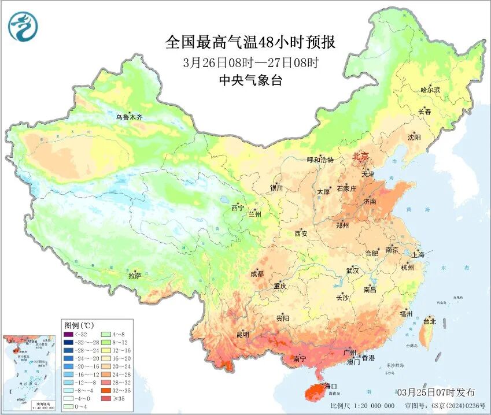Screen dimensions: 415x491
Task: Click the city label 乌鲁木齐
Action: pyautogui.click(x=128, y=117)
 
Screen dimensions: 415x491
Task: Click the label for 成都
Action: pyautogui.click(x=257, y=274)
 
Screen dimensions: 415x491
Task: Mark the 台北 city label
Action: pyautogui.click(x=430, y=321)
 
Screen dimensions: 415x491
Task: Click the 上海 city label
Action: pyautogui.click(x=418, y=254)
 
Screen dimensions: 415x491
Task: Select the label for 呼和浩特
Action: pyautogui.click(x=320, y=160)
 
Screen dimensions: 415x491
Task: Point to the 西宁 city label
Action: pyautogui.click(x=238, y=208)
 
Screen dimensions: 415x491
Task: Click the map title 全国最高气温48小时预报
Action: pyautogui.click(x=250, y=43)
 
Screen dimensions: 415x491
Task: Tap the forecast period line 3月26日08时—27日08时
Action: pyautogui.click(x=250, y=62)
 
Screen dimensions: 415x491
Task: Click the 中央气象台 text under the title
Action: pyautogui.click(x=250, y=81)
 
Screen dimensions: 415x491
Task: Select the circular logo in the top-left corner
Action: pyautogui.click(x=23, y=27)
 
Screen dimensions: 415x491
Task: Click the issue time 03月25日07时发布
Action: pyautogui.click(x=436, y=392)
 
